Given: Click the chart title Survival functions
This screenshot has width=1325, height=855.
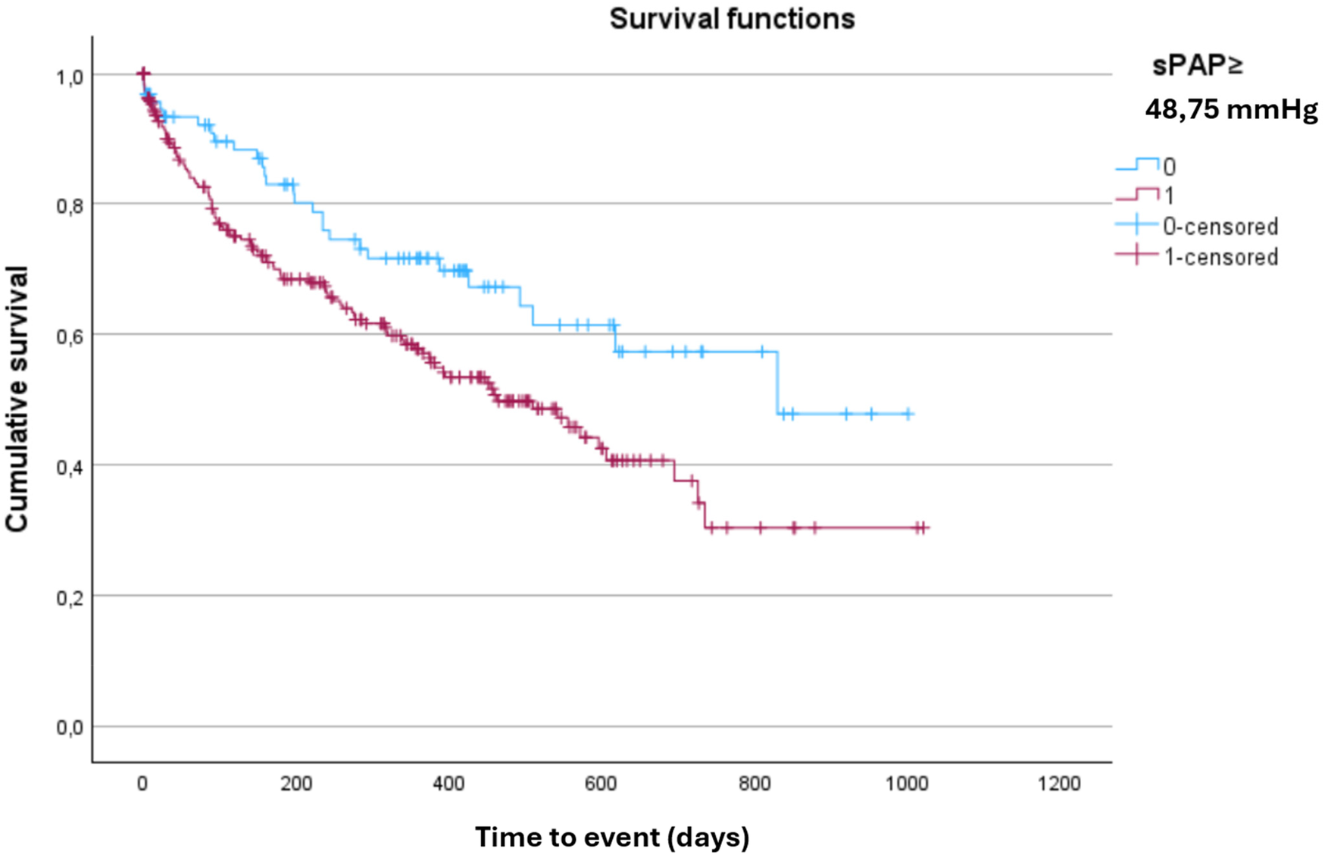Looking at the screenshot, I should [x=732, y=18].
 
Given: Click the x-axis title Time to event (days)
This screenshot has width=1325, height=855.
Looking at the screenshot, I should [x=612, y=837].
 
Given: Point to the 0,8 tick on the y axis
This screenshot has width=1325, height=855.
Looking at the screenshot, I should [x=69, y=205].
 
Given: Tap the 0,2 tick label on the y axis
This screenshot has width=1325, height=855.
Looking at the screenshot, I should [x=69, y=598].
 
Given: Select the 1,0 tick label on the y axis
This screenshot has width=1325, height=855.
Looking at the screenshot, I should [x=69, y=76].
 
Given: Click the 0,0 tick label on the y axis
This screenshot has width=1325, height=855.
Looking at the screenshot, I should [x=69, y=728].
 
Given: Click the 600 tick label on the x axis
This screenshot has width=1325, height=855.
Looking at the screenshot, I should [x=601, y=784].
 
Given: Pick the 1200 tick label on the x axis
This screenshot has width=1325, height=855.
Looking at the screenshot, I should [x=1059, y=784].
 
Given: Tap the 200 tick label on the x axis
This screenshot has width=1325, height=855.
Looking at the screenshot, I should [x=295, y=784].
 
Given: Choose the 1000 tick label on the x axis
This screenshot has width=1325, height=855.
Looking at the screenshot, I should [x=906, y=784].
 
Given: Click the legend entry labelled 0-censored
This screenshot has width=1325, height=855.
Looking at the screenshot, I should [x=1220, y=227].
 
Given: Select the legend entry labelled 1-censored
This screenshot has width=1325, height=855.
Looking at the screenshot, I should [x=1220, y=257].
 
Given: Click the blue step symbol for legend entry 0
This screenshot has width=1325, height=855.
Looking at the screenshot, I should [x=1137, y=164].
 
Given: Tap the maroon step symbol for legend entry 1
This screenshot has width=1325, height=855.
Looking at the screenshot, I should [x=1137, y=195].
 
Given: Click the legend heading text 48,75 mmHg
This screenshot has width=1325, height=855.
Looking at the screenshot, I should [x=1231, y=110].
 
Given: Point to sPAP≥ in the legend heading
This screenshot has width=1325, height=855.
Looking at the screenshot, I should [x=1198, y=66].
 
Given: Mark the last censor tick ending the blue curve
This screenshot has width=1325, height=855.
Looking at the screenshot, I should [x=909, y=414].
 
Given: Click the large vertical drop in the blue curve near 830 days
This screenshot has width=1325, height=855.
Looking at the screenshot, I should [x=777, y=383].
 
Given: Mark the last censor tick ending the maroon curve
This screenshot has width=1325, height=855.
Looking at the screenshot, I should [x=923, y=528].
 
